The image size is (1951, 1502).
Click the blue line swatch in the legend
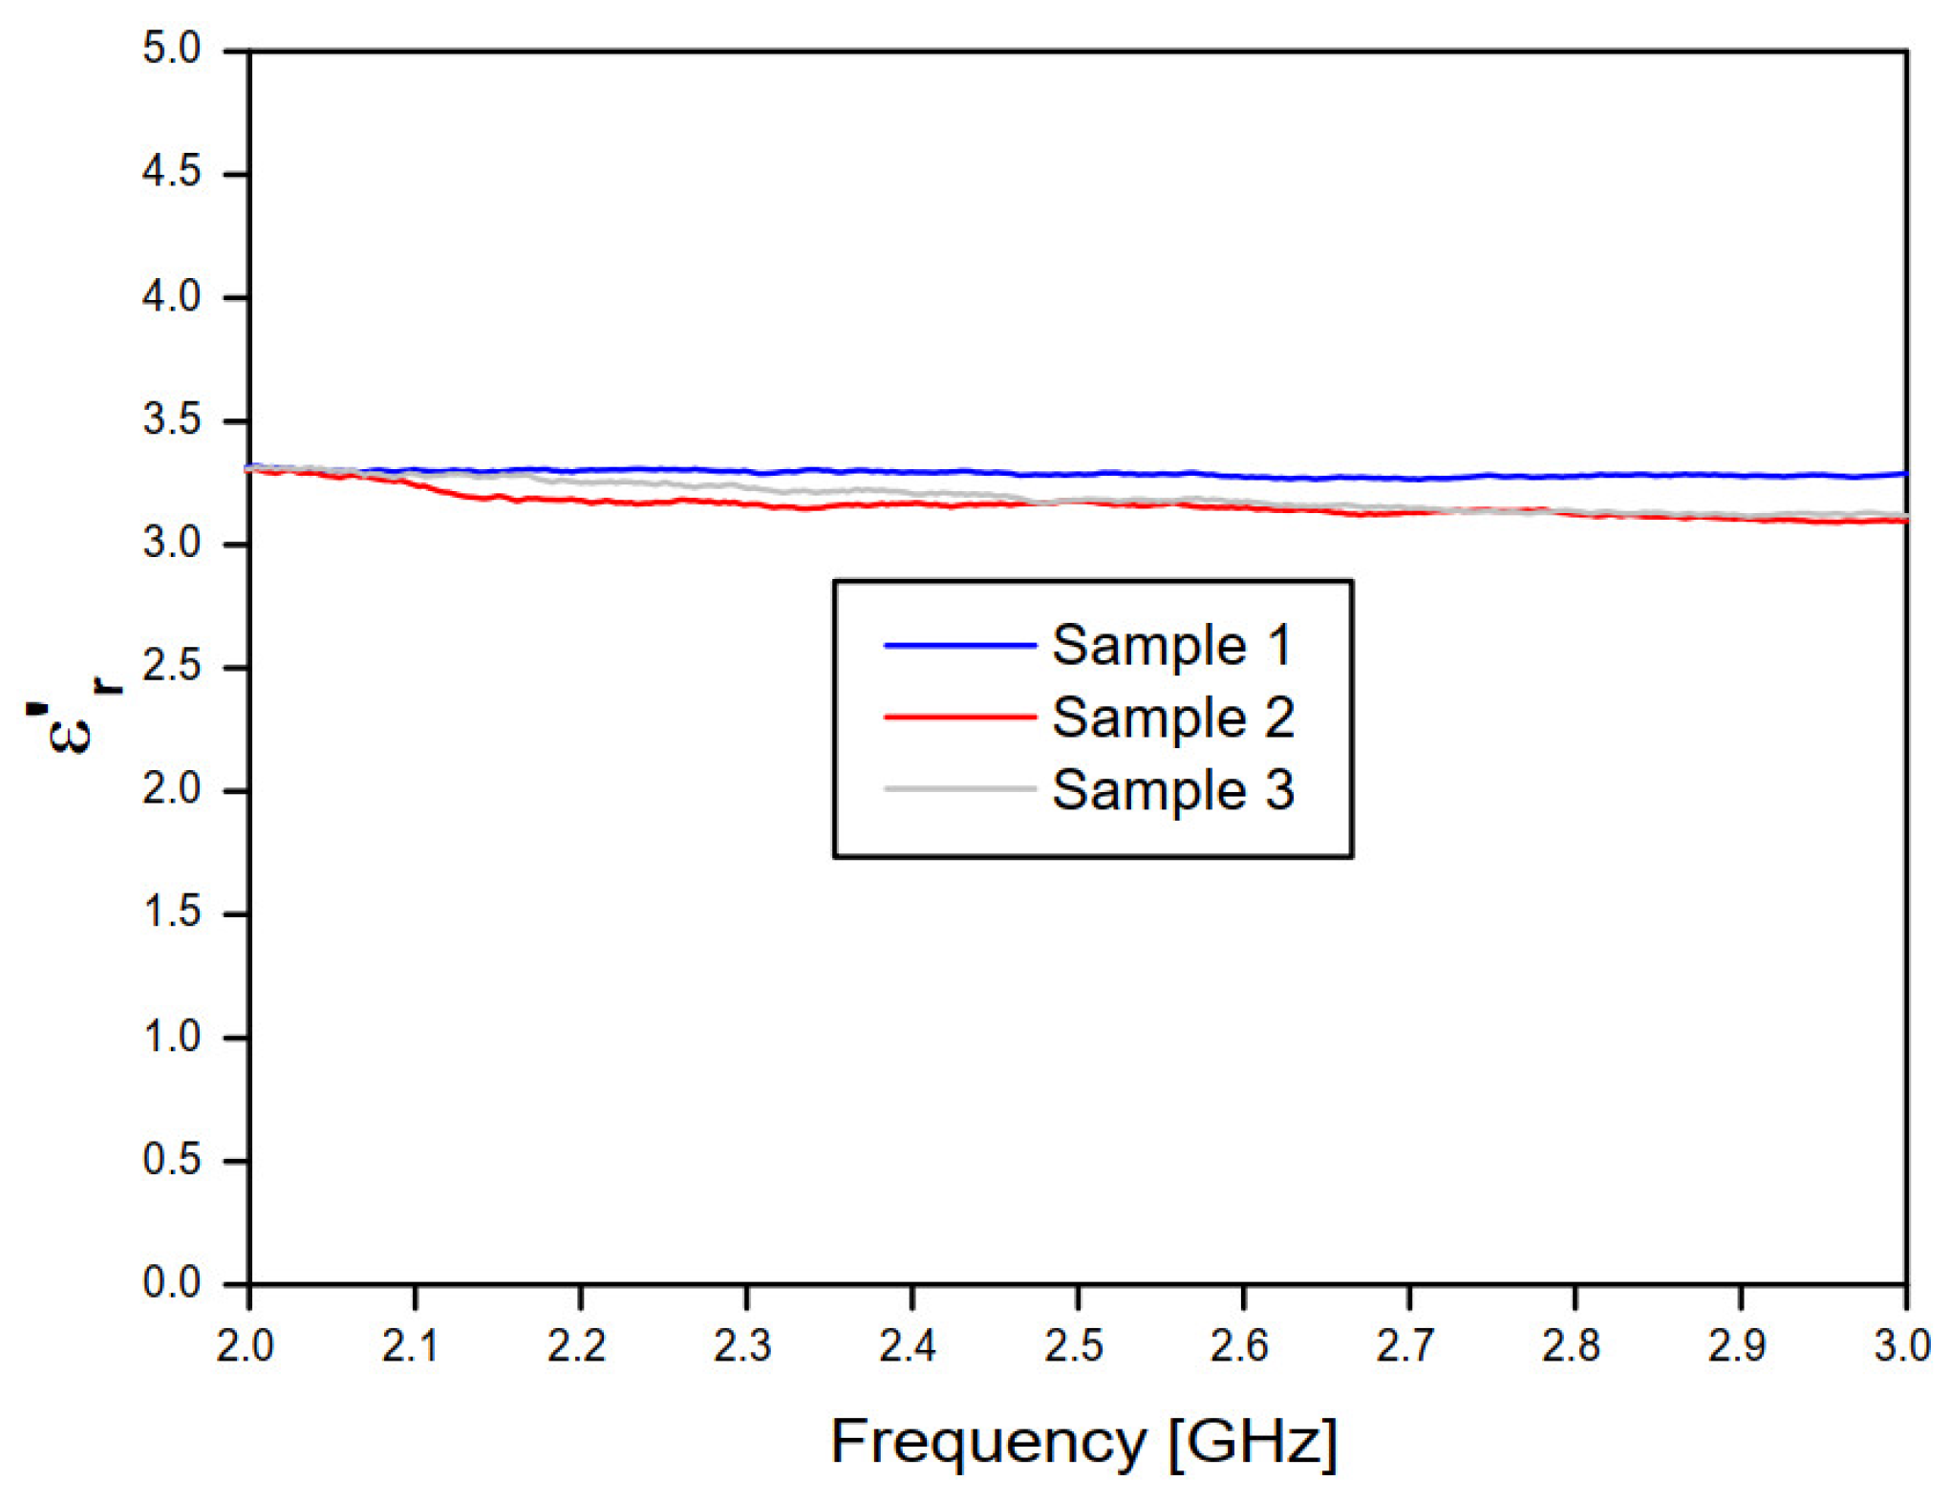coord(959,646)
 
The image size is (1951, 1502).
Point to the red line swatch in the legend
coord(959,716)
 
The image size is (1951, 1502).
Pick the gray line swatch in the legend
coord(959,789)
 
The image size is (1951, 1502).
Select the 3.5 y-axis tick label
coord(172,419)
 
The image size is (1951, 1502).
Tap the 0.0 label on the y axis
coord(172,1282)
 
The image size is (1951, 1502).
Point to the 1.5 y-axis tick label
coord(172,912)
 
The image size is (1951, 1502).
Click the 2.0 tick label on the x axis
coord(246,1346)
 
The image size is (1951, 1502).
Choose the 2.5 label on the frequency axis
coord(1074,1346)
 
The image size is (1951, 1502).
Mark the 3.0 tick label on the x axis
coord(1901,1346)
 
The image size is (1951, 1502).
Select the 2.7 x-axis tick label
coord(1405,1346)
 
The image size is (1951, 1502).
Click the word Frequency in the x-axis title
coord(988,1442)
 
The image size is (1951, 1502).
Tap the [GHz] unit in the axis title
coord(1253,1442)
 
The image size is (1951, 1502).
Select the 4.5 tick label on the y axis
coord(172,172)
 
